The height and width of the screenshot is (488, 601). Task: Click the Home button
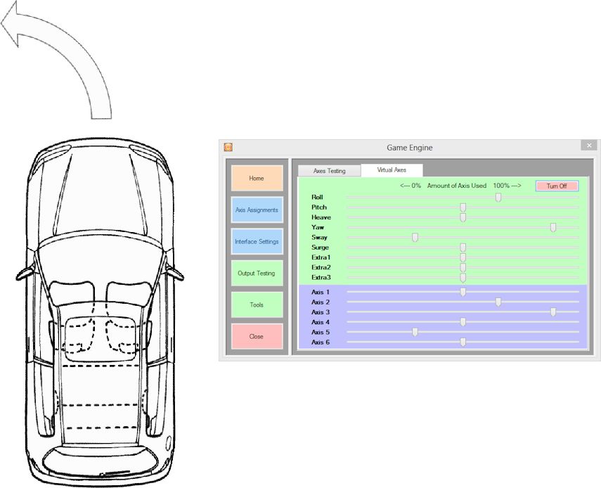point(257,179)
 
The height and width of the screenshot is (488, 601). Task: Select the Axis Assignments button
point(257,210)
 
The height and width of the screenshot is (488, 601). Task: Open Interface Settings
point(257,241)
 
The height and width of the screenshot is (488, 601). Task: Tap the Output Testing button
point(257,273)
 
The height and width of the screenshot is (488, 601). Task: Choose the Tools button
point(257,304)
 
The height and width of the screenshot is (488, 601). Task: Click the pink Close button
point(257,336)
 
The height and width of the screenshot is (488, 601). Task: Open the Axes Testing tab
point(329,171)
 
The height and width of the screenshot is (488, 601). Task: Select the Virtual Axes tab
point(392,170)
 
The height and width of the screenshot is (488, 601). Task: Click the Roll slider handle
point(498,198)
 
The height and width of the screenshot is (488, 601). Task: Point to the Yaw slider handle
point(553,228)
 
